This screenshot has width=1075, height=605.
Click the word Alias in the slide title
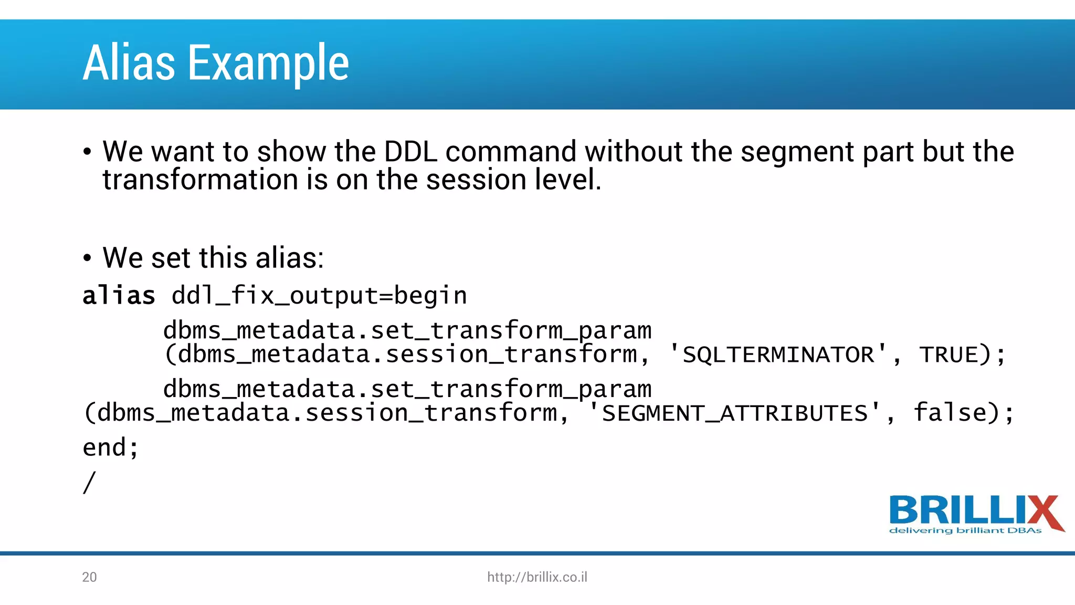click(x=129, y=63)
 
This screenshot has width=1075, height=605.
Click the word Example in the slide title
click(x=268, y=64)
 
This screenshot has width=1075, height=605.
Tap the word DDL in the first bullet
click(x=410, y=152)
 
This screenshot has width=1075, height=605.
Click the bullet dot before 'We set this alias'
click(x=87, y=258)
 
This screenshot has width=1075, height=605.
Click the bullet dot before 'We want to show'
click(x=87, y=152)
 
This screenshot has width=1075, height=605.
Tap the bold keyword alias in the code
click(x=119, y=295)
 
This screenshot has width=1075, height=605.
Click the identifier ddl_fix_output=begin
click(x=319, y=296)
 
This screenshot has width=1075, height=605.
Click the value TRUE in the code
click(x=948, y=354)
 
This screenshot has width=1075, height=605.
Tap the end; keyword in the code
click(x=111, y=447)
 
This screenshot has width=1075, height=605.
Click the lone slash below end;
click(x=89, y=482)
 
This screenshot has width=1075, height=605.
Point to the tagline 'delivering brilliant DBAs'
click(x=965, y=530)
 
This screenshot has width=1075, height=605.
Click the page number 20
click(x=89, y=577)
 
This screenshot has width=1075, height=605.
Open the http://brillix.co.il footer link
click(x=537, y=577)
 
